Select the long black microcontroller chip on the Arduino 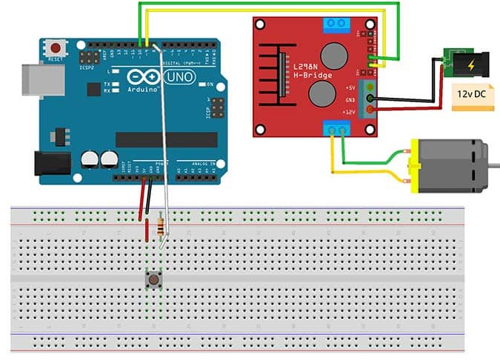(x=167, y=139)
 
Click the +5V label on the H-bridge (x=351, y=87)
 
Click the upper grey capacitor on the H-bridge (x=333, y=56)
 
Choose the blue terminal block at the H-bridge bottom (x=337, y=130)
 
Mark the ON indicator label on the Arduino (x=211, y=85)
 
